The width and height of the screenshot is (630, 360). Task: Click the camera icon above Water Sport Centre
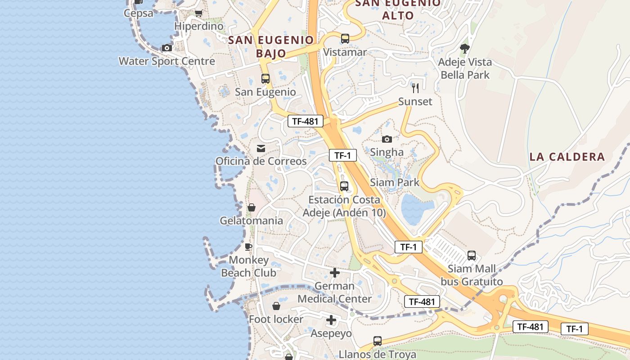point(167,48)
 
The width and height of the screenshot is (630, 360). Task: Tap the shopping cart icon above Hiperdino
point(198,13)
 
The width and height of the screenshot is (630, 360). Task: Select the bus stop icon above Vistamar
point(345,39)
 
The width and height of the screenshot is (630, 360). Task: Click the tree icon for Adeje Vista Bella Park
point(465,48)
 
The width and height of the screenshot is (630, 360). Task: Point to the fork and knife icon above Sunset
point(415,88)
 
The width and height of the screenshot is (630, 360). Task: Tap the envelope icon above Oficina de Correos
point(261,148)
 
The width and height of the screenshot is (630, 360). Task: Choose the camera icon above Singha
point(387,139)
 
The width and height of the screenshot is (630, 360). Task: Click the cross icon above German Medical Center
point(334,272)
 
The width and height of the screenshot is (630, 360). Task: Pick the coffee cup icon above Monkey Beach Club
point(248,247)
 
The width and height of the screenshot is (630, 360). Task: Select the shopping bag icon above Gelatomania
point(252,207)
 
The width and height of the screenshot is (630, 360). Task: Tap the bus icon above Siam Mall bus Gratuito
point(471,256)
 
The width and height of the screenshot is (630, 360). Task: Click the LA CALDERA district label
point(567,157)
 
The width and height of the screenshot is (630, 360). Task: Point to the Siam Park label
point(394,182)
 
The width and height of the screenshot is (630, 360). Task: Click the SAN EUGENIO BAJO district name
point(271,46)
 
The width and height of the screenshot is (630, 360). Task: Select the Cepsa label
point(139,13)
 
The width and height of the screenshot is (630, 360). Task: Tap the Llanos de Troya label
point(377,354)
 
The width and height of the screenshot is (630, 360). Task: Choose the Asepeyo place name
point(331,333)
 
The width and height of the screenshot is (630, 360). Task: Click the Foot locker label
point(276,319)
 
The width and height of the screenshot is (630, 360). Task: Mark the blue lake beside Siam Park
point(415,209)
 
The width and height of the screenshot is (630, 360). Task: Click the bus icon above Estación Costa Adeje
point(344,186)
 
